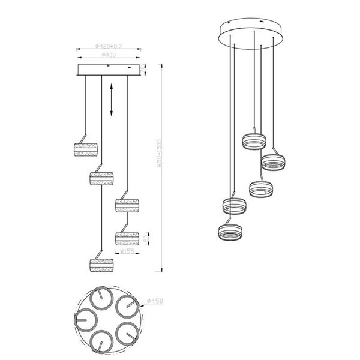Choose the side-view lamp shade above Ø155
pos(127,238)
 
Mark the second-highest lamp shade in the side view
pos(102,179)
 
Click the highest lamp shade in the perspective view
pos(253,142)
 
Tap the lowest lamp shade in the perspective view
pos(232,232)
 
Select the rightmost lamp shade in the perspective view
pos(273,162)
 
